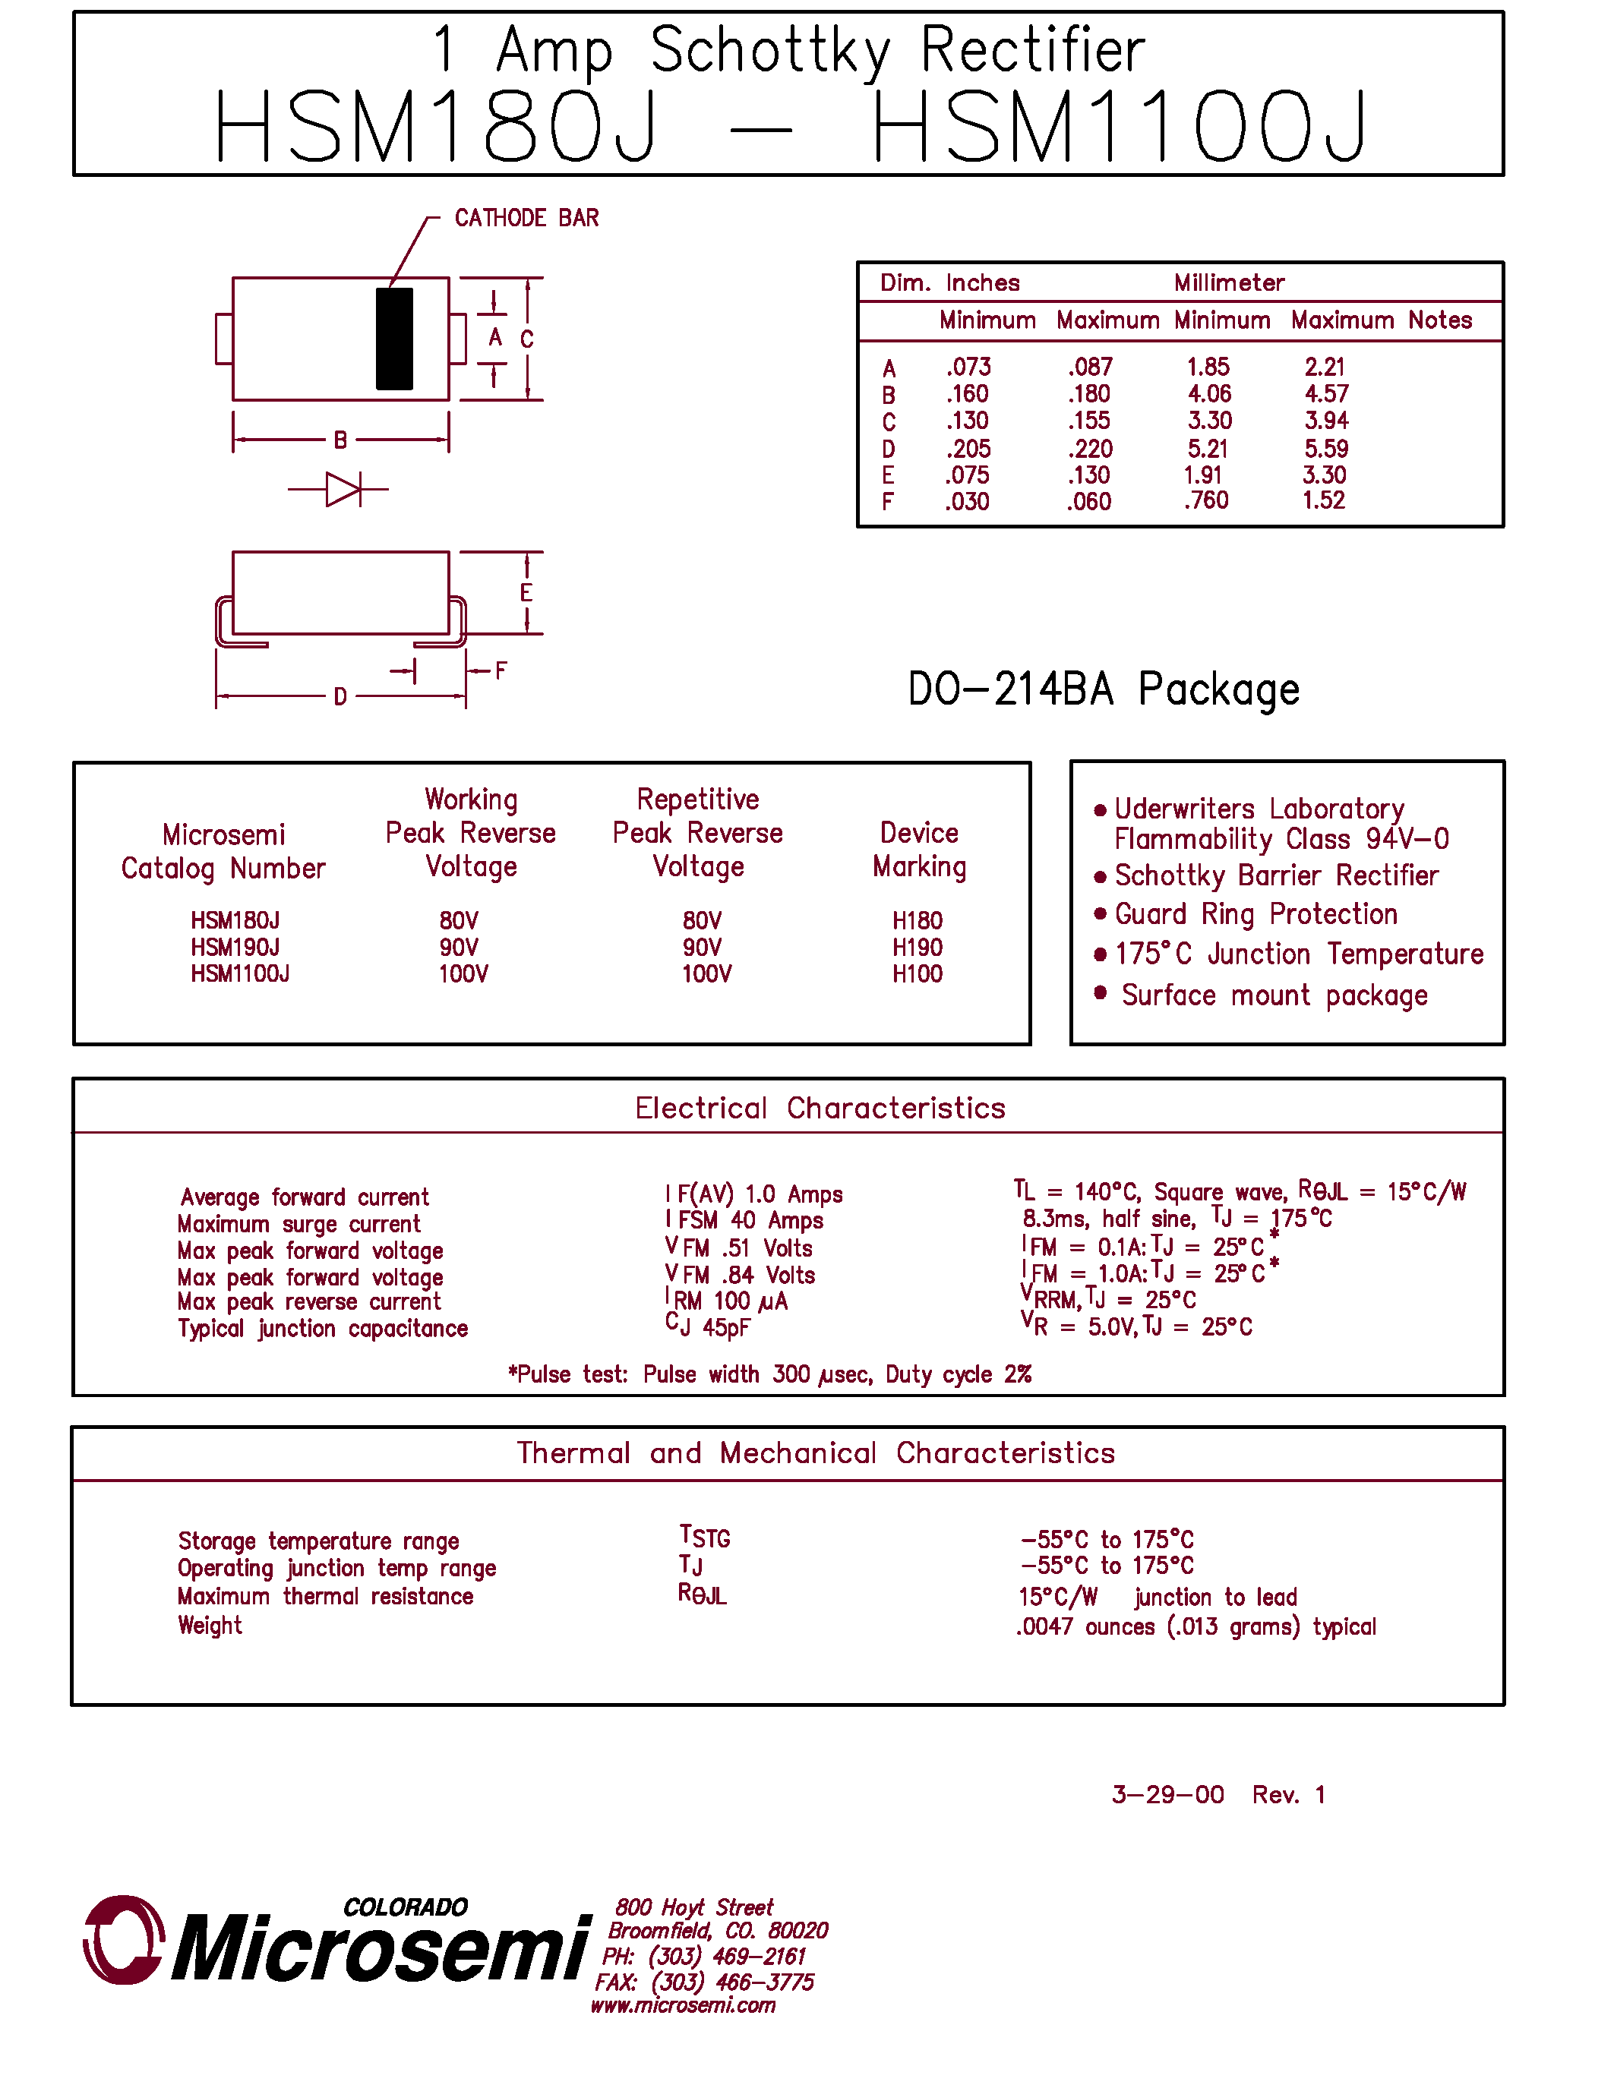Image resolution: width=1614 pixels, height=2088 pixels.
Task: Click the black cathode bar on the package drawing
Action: tap(394, 339)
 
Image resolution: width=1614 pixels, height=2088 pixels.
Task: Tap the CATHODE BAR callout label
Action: tap(526, 218)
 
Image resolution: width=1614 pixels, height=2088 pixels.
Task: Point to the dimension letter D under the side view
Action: tap(340, 697)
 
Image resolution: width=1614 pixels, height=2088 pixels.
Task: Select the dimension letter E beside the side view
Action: tap(526, 593)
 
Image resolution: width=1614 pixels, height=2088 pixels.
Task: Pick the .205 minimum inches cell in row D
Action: tap(968, 449)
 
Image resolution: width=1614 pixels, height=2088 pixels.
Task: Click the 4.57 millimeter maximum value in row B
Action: tap(1326, 394)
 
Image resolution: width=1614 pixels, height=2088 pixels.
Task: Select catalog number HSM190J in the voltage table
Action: tap(235, 948)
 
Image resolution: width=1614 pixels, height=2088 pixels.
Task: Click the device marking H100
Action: tap(917, 974)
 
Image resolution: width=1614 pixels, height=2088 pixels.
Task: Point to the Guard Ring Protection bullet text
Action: tap(1256, 914)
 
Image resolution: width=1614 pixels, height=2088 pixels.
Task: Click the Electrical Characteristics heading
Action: tap(820, 1108)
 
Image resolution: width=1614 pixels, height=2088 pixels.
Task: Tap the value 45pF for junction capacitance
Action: tap(725, 1328)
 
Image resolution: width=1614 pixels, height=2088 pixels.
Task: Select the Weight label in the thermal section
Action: tap(210, 1626)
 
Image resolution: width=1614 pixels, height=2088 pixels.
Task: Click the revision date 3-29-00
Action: tap(1167, 1794)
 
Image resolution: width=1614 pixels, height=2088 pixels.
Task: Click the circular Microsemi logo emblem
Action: tap(123, 1940)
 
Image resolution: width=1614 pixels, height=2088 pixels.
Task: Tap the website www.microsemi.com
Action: tap(683, 2006)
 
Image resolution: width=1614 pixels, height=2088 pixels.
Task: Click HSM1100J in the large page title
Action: tap(1119, 127)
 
